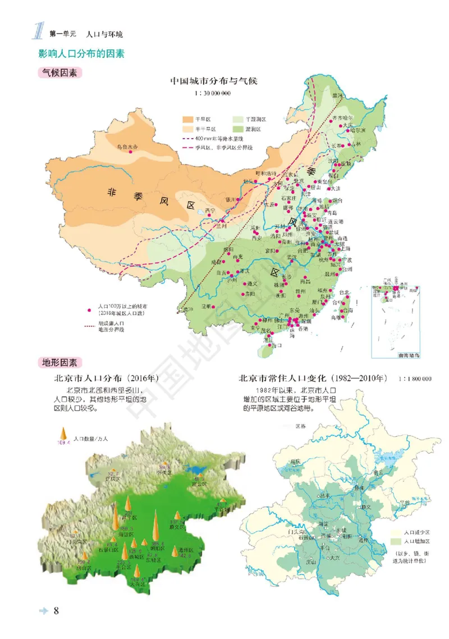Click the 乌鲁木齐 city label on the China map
(126, 147)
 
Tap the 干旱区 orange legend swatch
(187, 120)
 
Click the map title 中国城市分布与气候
(213, 81)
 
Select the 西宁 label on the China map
(210, 210)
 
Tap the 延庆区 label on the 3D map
(114, 479)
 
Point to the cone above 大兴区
(137, 571)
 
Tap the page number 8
(56, 611)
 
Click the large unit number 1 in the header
(38, 31)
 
